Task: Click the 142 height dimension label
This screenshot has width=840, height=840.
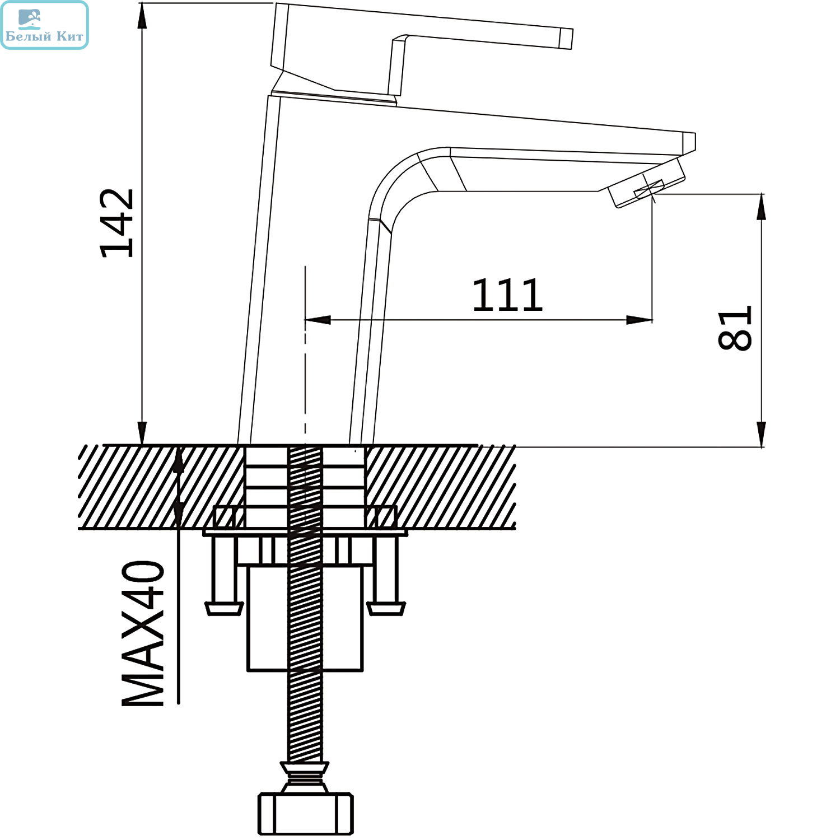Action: click(117, 223)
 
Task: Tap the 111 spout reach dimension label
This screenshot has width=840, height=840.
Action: click(507, 295)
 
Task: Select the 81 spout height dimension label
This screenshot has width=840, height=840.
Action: click(734, 328)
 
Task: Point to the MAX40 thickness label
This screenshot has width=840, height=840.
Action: click(143, 633)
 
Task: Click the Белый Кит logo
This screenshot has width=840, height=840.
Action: click(45, 25)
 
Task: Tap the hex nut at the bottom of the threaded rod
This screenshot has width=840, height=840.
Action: click(306, 813)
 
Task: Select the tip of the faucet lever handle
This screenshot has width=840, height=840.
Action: click(566, 38)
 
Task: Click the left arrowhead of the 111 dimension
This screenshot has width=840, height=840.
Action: click(317, 320)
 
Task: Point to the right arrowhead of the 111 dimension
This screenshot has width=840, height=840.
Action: click(639, 320)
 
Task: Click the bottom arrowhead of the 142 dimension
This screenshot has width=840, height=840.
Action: click(142, 432)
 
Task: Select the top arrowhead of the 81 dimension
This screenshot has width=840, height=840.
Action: click(761, 207)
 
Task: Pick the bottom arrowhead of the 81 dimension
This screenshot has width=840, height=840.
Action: click(761, 434)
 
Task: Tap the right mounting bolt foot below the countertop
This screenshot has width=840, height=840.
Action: click(386, 608)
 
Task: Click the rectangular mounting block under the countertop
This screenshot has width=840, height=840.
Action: click(305, 618)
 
